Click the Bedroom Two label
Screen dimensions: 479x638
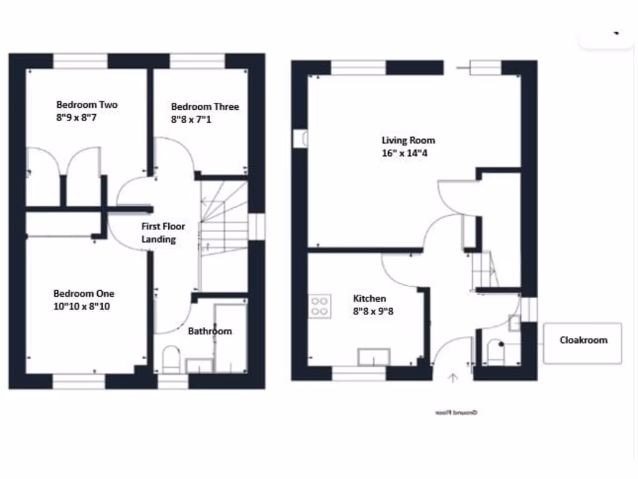pos(87,105)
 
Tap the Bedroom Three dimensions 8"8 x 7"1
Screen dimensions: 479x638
pos(191,119)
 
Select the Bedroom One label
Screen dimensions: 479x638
pos(83,294)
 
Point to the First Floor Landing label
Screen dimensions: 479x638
pos(163,233)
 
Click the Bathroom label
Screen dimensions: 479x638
pos(209,331)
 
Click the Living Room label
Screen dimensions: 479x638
pos(408,140)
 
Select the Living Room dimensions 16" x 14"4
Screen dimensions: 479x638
pos(408,153)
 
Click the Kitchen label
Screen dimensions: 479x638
pos(369,299)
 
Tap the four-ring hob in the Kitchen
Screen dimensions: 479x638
pos(319,306)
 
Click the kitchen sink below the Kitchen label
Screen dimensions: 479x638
pos(373,357)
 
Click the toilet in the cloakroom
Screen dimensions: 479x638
pos(497,352)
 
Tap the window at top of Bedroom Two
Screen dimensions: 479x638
pos(80,60)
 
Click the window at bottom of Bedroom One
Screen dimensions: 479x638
pos(79,381)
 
